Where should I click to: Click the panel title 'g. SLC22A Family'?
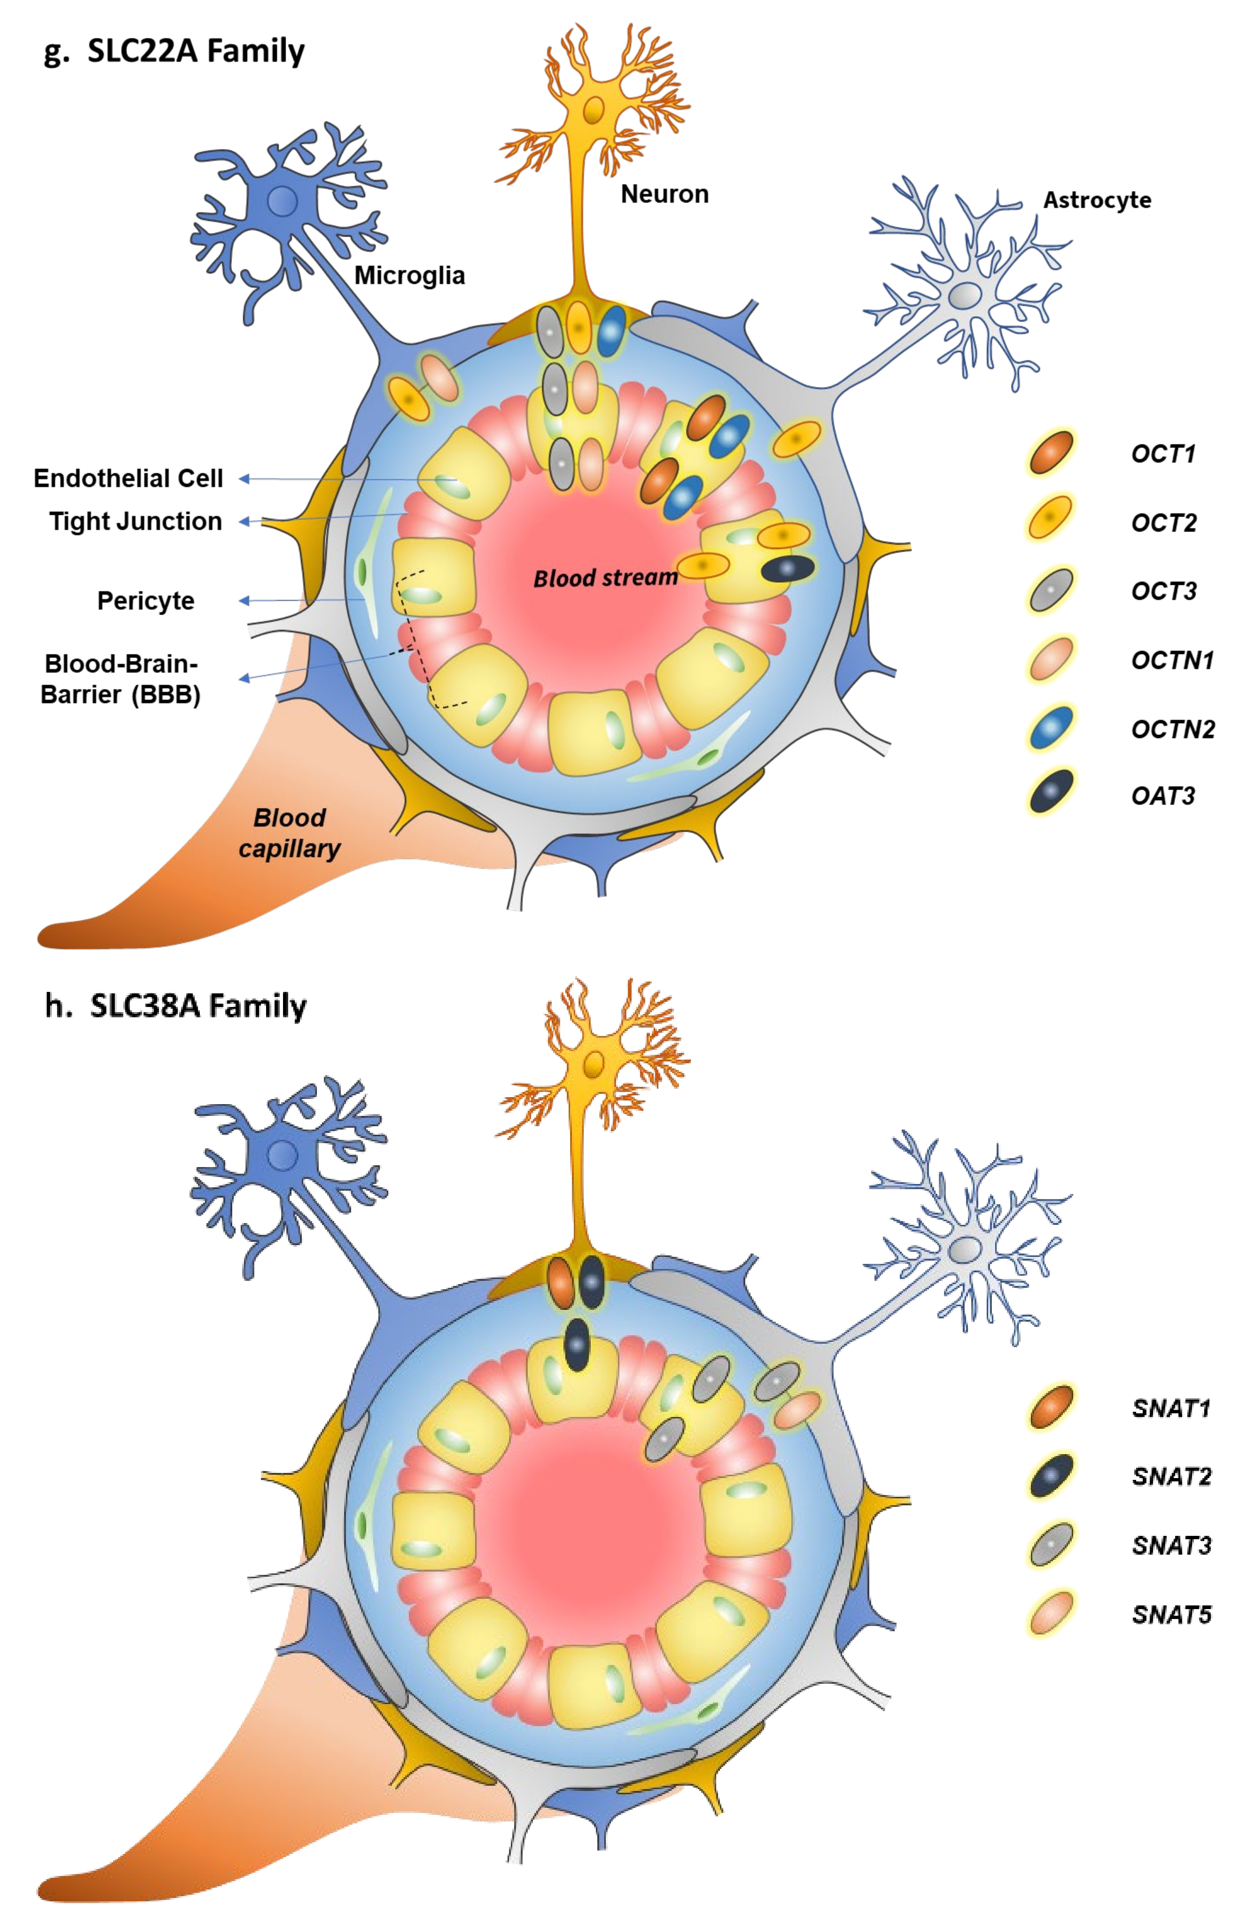pos(174,51)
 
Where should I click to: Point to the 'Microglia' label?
pos(410,276)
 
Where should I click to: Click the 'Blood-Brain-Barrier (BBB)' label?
pos(121,679)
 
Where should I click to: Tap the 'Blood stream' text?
pos(605,577)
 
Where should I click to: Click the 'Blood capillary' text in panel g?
pos(289,833)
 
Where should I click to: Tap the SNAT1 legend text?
pos(1170,1409)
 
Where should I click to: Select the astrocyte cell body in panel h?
pos(964,1251)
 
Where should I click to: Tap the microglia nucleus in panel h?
pos(282,1155)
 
